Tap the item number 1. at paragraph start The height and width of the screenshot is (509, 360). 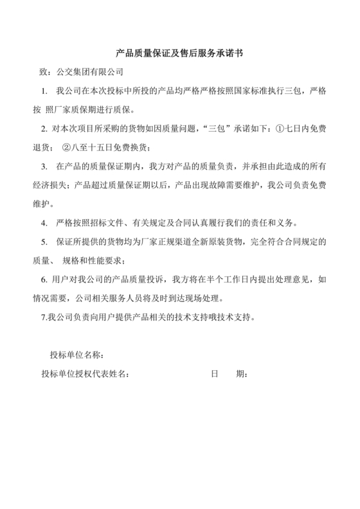tap(44, 91)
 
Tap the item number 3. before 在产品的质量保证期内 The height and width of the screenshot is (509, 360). tap(44, 167)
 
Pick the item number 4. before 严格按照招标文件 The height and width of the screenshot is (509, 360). tap(44, 224)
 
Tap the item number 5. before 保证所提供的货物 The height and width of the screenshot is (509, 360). tap(44, 242)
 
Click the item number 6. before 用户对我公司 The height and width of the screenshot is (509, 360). tap(44, 280)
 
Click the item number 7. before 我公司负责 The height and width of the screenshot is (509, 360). tap(43, 317)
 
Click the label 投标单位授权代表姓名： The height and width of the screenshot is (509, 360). tap(84, 374)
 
